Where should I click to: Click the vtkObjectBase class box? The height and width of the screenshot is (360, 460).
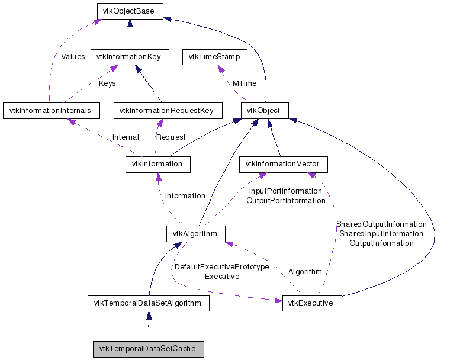pyautogui.click(x=130, y=11)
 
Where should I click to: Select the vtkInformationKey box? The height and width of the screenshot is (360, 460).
pyautogui.click(x=130, y=57)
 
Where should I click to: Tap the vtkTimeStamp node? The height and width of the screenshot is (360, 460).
pyautogui.click(x=215, y=57)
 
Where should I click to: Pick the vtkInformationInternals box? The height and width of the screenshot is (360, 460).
pyautogui.click(x=52, y=111)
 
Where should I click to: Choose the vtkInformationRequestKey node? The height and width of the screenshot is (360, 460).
pyautogui.click(x=168, y=111)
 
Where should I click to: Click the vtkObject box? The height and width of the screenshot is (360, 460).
pyautogui.click(x=265, y=111)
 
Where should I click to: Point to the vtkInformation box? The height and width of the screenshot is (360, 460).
pyautogui.click(x=158, y=164)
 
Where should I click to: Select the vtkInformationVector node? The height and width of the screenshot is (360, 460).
pyautogui.click(x=284, y=164)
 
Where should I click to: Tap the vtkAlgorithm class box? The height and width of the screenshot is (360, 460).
pyautogui.click(x=196, y=234)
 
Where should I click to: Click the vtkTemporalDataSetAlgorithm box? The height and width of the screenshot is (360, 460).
pyautogui.click(x=149, y=303)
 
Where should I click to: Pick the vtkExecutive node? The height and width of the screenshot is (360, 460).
pyautogui.click(x=312, y=303)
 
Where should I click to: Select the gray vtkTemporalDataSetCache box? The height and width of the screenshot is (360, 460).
pyautogui.click(x=149, y=349)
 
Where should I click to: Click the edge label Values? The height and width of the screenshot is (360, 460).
pyautogui.click(x=73, y=57)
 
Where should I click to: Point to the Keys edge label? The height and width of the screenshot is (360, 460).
pyautogui.click(x=107, y=83)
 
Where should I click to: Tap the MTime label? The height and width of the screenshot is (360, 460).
pyautogui.click(x=245, y=83)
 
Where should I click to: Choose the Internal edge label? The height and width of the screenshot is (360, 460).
pyautogui.click(x=126, y=137)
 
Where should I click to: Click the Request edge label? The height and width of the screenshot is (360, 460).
pyautogui.click(x=171, y=137)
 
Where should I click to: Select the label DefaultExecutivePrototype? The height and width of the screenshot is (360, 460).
pyautogui.click(x=222, y=267)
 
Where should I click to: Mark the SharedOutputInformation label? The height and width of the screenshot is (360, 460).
pyautogui.click(x=381, y=224)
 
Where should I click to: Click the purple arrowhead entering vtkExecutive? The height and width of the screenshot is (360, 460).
pyautogui.click(x=278, y=300)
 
